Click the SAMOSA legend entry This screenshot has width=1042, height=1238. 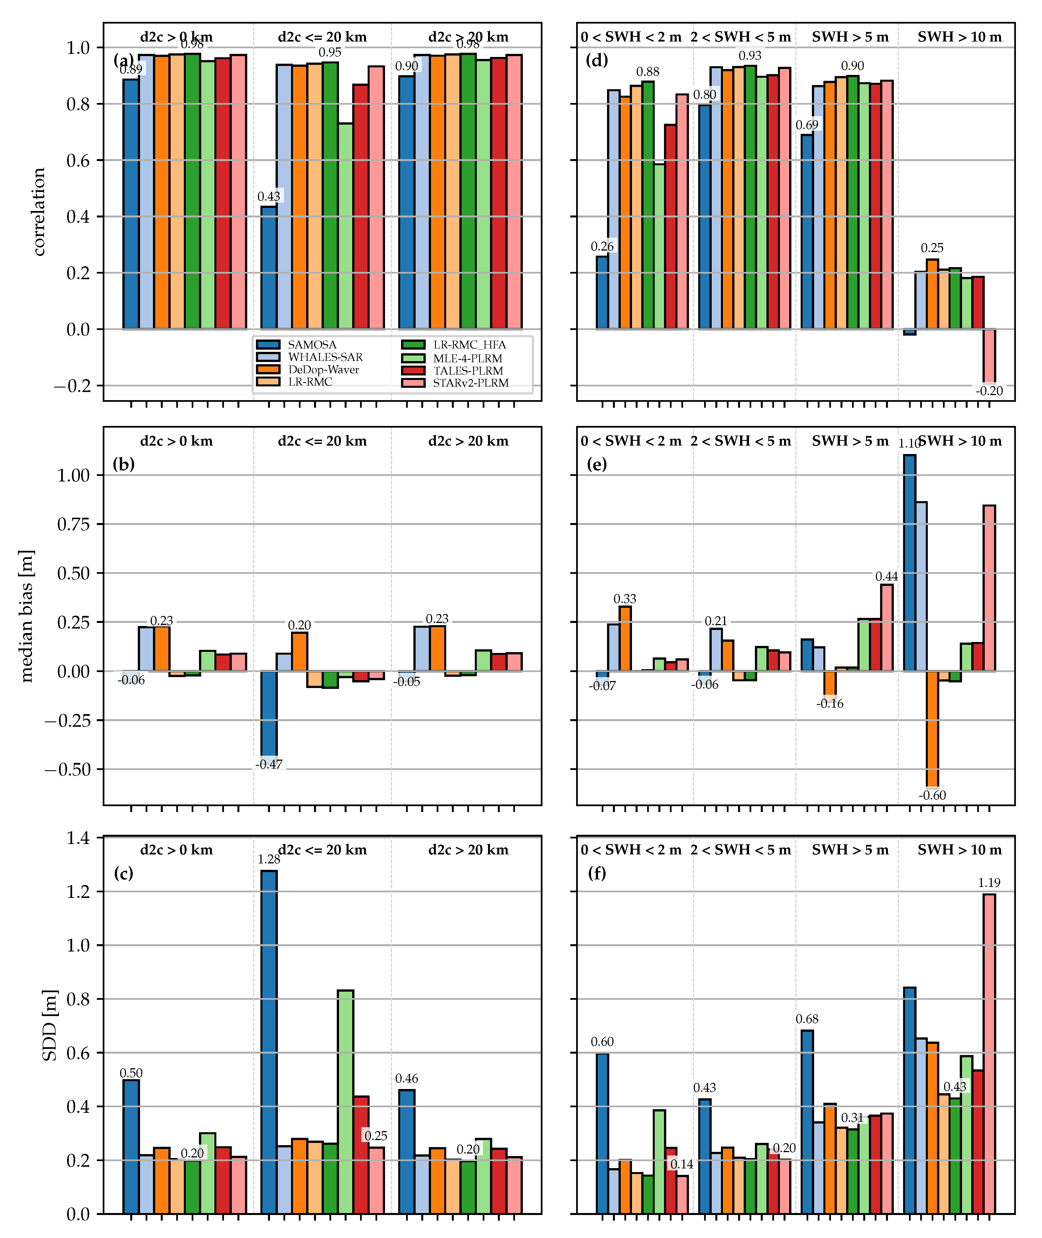point(312,345)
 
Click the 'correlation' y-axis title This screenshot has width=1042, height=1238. point(39,212)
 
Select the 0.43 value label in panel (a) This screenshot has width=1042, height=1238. point(269,196)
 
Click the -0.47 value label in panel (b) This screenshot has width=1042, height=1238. point(269,764)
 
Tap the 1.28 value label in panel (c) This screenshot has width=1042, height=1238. point(269,859)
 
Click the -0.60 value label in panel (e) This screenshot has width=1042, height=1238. point(932,795)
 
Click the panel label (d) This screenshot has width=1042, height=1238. point(597,60)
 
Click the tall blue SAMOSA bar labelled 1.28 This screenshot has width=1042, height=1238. point(269,1040)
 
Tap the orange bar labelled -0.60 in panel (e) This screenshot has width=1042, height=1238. point(932,730)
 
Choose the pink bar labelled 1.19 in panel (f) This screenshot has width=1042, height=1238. point(989,1051)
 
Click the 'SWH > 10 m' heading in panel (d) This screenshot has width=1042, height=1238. point(959,37)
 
